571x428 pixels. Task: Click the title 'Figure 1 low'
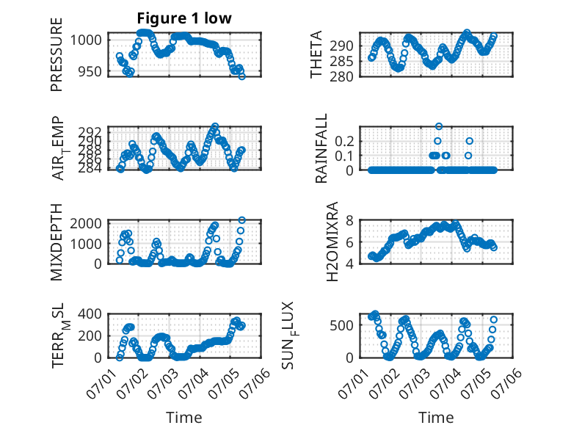[184, 18]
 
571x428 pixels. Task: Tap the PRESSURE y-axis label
[57, 54]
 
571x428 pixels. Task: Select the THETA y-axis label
[316, 54]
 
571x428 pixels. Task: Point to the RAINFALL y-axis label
[321, 148]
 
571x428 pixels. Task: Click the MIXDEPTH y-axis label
[57, 242]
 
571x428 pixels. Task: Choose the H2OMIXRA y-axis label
[332, 242]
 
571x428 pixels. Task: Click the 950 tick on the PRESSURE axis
[90, 71]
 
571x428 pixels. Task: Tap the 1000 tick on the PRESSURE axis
[86, 40]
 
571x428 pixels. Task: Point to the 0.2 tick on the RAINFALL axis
[344, 141]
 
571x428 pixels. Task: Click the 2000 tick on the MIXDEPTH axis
[86, 223]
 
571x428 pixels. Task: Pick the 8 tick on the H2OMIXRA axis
[349, 220]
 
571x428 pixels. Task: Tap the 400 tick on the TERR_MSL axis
[90, 313]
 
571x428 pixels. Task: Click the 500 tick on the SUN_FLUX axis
[341, 325]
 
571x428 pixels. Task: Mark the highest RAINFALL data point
[439, 126]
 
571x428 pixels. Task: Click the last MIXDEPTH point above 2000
[241, 220]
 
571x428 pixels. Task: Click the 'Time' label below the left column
[184, 417]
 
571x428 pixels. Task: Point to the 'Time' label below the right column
[436, 417]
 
